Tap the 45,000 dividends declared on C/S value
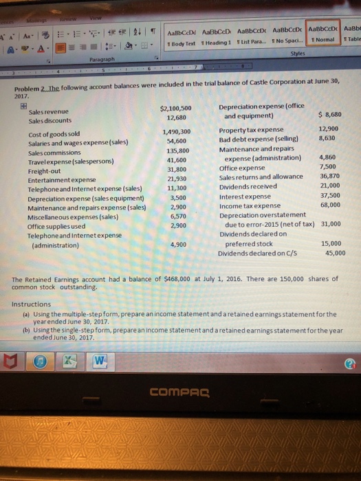coord(334,252)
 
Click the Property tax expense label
coord(251,130)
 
